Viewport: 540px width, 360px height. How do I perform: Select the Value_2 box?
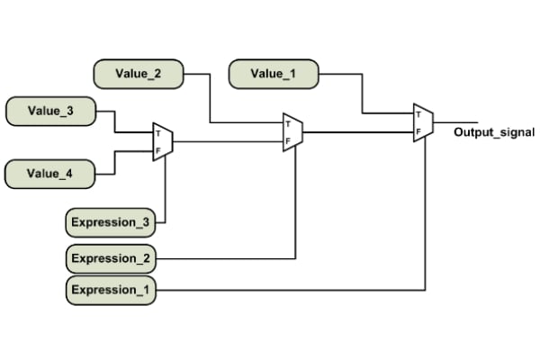click(x=139, y=73)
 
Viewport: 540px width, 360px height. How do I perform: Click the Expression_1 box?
click(x=112, y=290)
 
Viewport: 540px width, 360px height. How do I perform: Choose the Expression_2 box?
click(x=112, y=258)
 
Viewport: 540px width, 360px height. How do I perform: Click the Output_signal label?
click(x=494, y=132)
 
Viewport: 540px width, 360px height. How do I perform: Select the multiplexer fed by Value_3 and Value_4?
click(x=163, y=142)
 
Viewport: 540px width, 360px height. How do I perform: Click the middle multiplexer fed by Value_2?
click(x=292, y=132)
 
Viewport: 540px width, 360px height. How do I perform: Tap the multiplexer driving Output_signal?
click(x=423, y=123)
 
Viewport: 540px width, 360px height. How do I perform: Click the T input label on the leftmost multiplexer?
click(x=158, y=134)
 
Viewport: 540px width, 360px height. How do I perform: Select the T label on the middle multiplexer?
click(x=288, y=124)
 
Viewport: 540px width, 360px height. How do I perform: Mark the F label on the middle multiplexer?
click(x=288, y=140)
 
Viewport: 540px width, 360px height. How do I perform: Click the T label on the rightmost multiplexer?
click(x=418, y=115)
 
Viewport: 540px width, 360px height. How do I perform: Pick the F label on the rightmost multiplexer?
click(x=418, y=131)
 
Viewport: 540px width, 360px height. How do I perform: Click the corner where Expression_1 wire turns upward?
click(x=425, y=290)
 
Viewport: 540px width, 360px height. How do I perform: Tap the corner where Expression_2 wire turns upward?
click(x=295, y=258)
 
